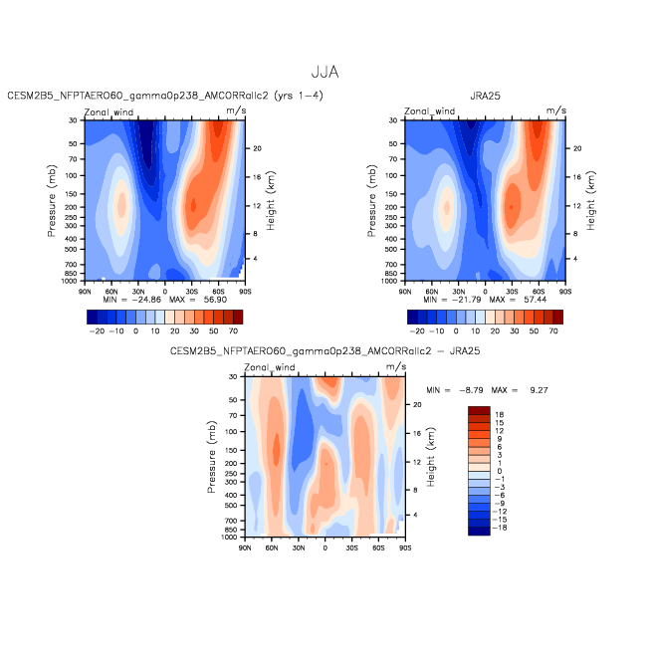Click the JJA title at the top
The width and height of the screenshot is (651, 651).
click(x=325, y=73)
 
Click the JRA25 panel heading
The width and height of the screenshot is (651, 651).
click(x=485, y=96)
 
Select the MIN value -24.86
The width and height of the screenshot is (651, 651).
click(x=146, y=300)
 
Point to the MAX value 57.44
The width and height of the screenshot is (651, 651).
click(x=536, y=300)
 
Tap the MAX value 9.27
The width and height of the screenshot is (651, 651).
click(x=539, y=390)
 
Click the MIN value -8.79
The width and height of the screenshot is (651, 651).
click(x=471, y=390)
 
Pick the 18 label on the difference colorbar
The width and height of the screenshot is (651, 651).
click(x=500, y=414)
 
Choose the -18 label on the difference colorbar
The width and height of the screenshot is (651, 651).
click(x=500, y=528)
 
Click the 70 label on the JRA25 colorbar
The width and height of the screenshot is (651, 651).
click(x=553, y=331)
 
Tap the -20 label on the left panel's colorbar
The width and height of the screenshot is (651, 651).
click(x=97, y=331)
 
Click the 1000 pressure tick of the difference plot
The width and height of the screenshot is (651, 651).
click(x=229, y=538)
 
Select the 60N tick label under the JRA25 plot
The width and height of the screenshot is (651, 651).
click(x=432, y=292)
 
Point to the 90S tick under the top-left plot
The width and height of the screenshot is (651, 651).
click(x=245, y=292)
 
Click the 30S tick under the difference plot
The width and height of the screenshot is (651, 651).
click(x=351, y=548)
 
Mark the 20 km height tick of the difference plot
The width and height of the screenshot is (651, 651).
click(x=417, y=405)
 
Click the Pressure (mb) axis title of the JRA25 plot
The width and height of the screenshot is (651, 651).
click(x=371, y=201)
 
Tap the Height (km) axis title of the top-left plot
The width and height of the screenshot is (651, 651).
click(x=271, y=201)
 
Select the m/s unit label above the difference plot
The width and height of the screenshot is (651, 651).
click(x=396, y=366)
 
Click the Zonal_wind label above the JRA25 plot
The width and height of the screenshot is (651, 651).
click(x=430, y=111)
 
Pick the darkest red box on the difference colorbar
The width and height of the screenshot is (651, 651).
click(x=479, y=410)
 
